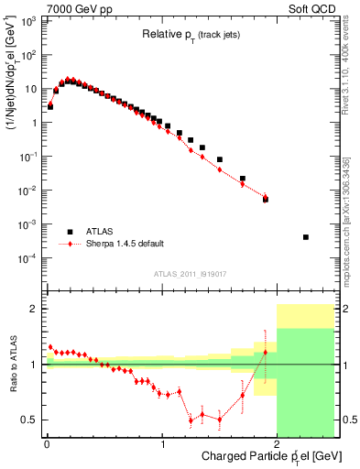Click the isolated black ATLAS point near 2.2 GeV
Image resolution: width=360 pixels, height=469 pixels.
(306, 237)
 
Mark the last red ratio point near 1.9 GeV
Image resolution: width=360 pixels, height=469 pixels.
(266, 353)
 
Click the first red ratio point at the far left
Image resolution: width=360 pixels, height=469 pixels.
(50, 346)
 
